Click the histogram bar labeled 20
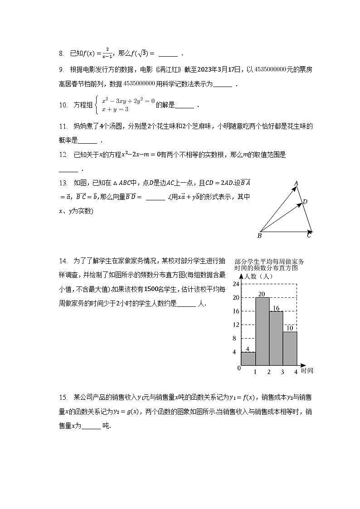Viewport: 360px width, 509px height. coord(262,331)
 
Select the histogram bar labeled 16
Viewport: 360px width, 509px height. coord(276,338)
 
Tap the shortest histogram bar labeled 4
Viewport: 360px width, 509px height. coord(248,358)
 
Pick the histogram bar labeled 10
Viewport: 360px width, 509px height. coord(290,348)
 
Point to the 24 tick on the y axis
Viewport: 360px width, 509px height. coord(235,284)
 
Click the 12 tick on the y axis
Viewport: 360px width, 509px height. coord(235,325)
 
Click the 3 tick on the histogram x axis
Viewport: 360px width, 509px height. coord(282,372)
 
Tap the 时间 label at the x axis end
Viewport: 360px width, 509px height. coord(307,371)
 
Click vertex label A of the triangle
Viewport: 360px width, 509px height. coord(296,184)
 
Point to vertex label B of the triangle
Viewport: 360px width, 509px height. coord(259,236)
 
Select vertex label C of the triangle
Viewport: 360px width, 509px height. coord(309,235)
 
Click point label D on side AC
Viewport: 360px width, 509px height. coord(305,202)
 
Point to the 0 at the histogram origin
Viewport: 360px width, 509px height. coord(238,368)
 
